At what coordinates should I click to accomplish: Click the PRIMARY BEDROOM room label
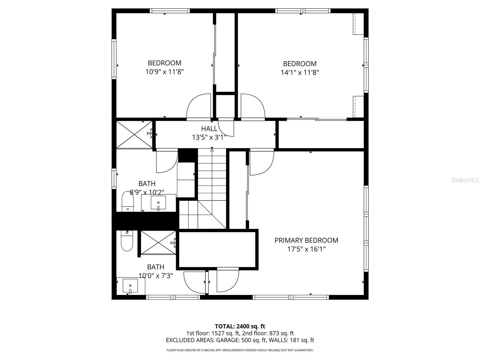click(306, 240)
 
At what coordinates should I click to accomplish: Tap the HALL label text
click(209, 129)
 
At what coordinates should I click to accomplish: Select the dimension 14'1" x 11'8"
click(300, 72)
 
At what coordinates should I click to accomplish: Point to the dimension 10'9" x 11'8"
click(164, 72)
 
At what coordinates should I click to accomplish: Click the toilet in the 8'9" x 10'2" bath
click(127, 202)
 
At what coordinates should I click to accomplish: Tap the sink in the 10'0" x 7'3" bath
click(130, 286)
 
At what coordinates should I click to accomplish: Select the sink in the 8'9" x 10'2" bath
click(158, 203)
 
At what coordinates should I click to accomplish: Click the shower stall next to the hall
click(134, 135)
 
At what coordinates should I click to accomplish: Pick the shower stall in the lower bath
click(158, 243)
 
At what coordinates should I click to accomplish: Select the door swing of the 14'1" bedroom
click(253, 107)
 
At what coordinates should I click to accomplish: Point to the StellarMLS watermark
click(465, 180)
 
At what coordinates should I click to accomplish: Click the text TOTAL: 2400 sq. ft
click(240, 326)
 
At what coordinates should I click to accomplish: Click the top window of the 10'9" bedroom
click(170, 11)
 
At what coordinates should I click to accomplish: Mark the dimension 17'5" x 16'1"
click(306, 249)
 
